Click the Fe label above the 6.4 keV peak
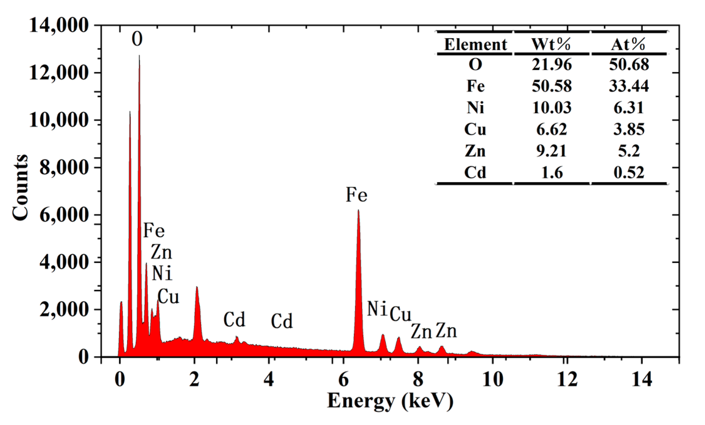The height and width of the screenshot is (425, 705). [x=356, y=195]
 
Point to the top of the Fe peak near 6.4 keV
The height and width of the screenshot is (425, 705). [x=358, y=211]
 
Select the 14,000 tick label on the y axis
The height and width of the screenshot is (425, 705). [x=59, y=25]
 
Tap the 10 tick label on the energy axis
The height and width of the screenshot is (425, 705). [x=492, y=380]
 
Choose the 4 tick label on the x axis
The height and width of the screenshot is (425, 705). [x=269, y=380]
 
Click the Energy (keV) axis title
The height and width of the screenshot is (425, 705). [x=390, y=401]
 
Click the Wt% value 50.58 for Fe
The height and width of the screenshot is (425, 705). [x=552, y=86]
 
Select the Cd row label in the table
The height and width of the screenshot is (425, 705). [x=475, y=172]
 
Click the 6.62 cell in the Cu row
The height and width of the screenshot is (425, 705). [x=552, y=129]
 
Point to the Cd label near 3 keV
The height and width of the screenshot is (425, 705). [x=234, y=320]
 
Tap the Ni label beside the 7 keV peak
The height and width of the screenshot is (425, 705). [x=377, y=309]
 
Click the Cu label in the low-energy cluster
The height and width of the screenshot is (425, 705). [x=168, y=296]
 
